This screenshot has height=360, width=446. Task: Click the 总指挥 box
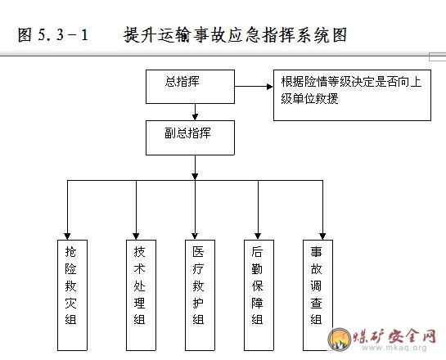tap(190, 87)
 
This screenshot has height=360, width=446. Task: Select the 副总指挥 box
tap(190, 138)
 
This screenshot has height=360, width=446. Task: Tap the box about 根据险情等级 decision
tap(352, 95)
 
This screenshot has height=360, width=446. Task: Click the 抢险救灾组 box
tap(72, 295)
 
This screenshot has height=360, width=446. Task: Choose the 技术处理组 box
tap(141, 295)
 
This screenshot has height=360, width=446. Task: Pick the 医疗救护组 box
tap(200, 295)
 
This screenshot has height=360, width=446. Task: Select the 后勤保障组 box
tap(259, 295)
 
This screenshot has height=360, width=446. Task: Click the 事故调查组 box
tap(318, 295)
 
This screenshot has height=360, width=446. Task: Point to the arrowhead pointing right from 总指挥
tap(269, 87)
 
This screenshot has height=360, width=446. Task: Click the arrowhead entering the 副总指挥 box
tap(195, 117)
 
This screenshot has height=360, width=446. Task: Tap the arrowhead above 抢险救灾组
tap(67, 236)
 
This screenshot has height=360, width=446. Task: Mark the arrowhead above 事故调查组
tap(322, 236)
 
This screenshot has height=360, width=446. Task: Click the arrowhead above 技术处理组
tap(136, 236)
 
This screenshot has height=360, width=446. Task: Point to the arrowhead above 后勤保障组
tap(258, 236)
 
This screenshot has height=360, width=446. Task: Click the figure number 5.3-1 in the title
tap(63, 35)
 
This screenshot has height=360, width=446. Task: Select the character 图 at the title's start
tap(25, 35)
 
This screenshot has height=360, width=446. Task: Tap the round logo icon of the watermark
tap(340, 339)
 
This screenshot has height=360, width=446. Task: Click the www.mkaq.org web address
tap(394, 348)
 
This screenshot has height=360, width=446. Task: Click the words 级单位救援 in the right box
tap(309, 99)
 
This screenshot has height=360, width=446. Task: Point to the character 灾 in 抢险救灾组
tap(70, 303)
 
